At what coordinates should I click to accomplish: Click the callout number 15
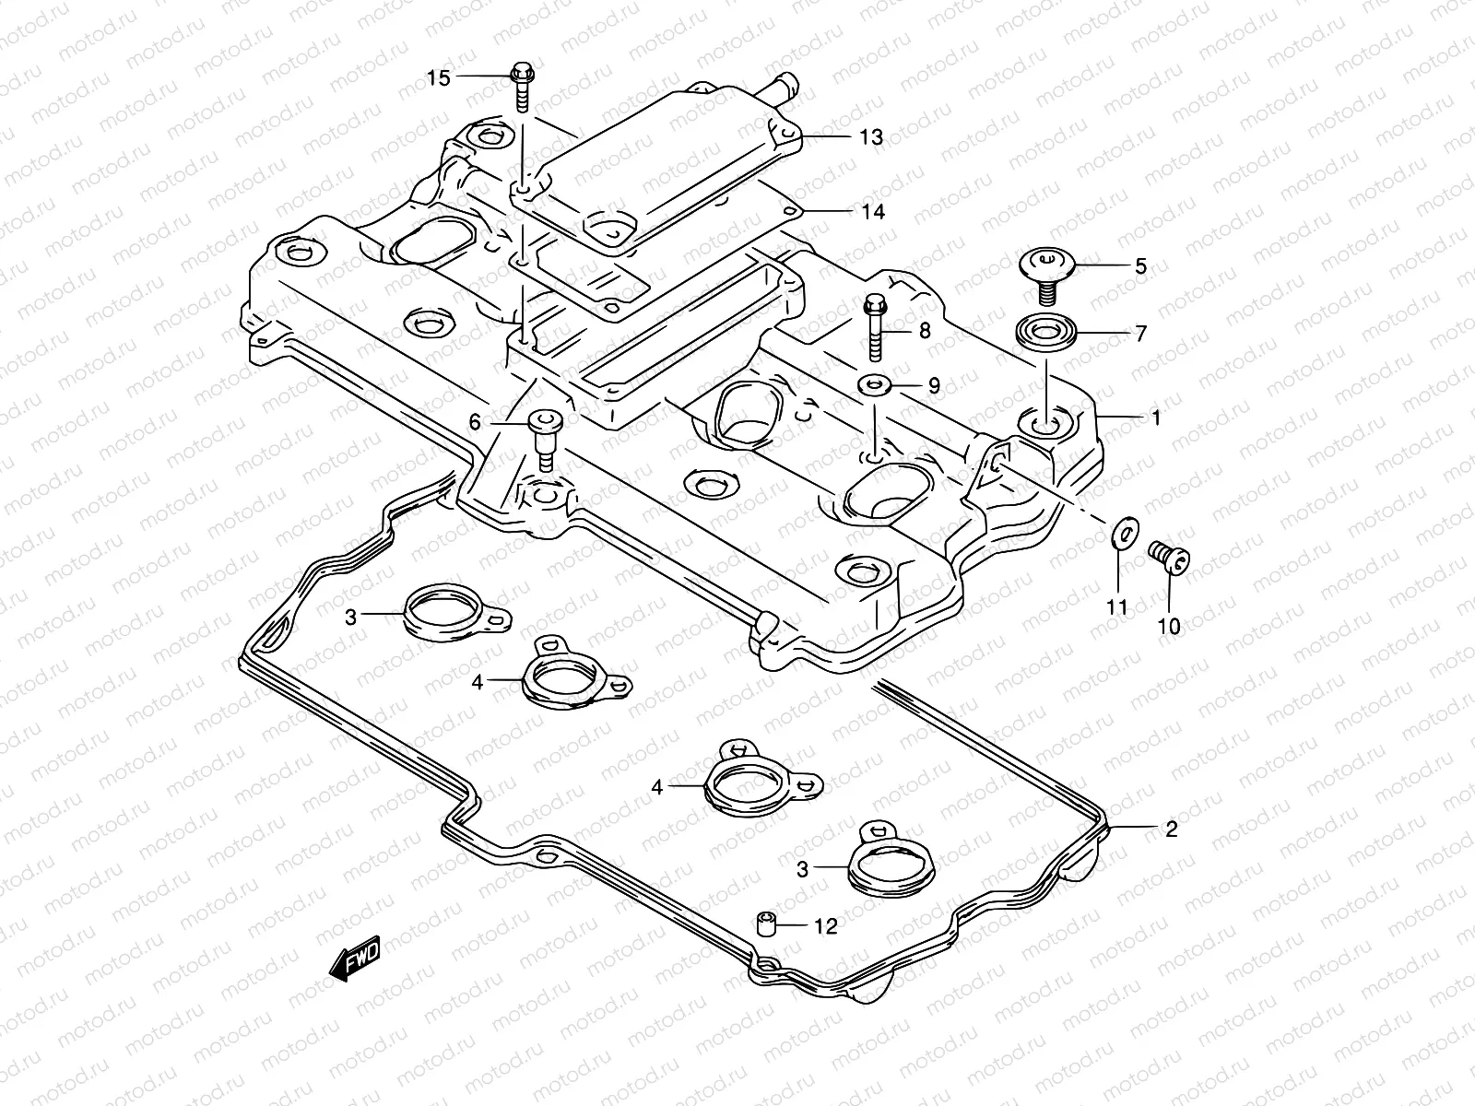pos(439,77)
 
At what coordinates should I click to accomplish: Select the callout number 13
pos(870,137)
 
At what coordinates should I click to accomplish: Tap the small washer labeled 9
pos(872,383)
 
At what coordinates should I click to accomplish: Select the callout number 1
pos(1155,418)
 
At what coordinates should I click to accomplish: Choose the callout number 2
pos(1171,829)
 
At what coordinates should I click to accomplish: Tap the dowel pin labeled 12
pos(765,922)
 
